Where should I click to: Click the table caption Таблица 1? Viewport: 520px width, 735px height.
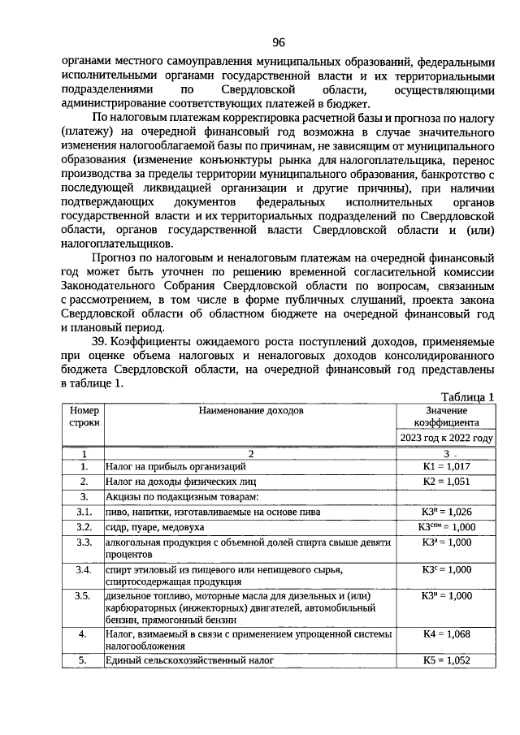[x=467, y=396]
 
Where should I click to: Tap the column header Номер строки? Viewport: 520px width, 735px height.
[x=84, y=417]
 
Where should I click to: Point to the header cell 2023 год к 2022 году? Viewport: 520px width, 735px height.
[x=446, y=438]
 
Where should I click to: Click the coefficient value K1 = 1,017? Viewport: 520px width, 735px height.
[x=446, y=467]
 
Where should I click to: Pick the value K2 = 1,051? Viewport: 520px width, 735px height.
[x=446, y=482]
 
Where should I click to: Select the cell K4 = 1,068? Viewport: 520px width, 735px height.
[x=446, y=633]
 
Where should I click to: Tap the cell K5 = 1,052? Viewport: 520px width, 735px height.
[x=446, y=660]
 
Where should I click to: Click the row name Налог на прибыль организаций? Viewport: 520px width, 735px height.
[x=175, y=467]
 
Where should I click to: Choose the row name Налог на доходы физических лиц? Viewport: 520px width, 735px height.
[x=180, y=482]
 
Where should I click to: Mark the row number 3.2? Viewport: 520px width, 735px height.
[x=83, y=526]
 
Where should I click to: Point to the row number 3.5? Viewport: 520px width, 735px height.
[x=83, y=596]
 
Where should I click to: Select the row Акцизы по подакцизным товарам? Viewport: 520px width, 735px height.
[x=181, y=496]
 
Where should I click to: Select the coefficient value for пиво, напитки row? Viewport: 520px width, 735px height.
[x=446, y=512]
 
